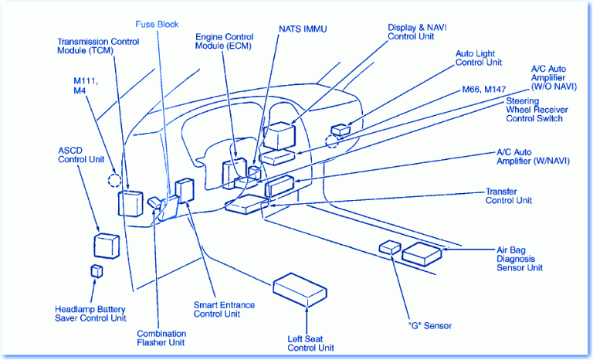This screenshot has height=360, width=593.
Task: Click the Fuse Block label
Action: [x=157, y=24]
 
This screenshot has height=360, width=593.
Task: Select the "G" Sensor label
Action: [x=429, y=326]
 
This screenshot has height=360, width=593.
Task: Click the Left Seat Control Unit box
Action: [x=300, y=289]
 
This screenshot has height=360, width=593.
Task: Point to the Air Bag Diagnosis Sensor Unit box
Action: [x=422, y=252]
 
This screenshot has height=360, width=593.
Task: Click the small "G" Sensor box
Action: [x=390, y=247]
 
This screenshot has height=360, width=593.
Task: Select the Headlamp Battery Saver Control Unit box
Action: [x=97, y=270]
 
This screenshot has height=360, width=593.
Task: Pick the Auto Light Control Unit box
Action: [x=340, y=129]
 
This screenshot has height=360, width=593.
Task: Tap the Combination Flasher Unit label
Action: [x=161, y=337]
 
